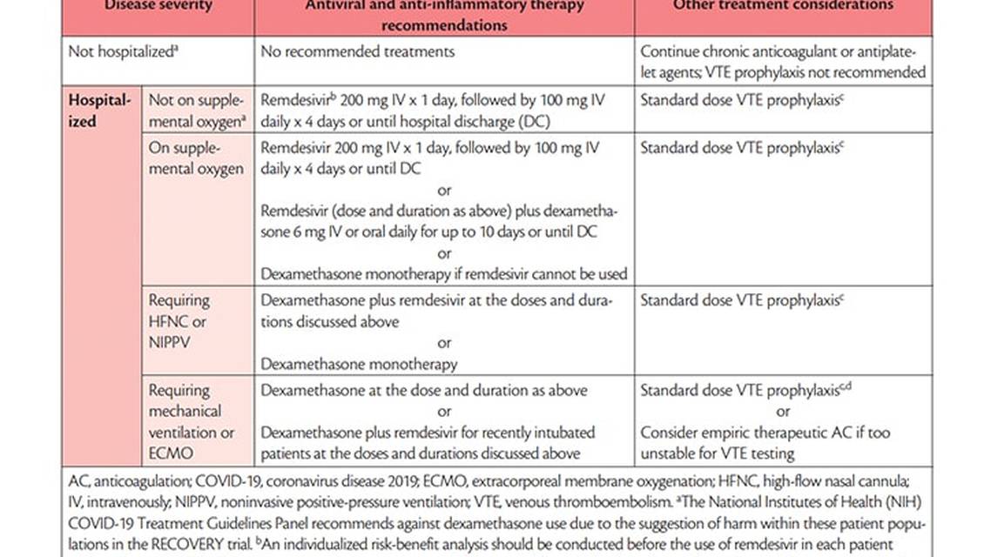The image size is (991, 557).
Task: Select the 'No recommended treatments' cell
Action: tap(357, 51)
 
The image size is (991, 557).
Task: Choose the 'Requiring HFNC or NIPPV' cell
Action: tap(179, 321)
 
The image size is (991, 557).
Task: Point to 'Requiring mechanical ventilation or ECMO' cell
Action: tap(191, 422)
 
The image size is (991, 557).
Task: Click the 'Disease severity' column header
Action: tap(158, 6)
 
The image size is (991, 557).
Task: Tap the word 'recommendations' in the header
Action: tap(444, 25)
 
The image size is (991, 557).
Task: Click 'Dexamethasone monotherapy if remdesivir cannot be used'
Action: tap(444, 274)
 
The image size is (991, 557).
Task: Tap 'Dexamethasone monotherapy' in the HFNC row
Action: tap(359, 364)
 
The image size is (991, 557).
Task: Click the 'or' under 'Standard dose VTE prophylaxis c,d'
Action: tap(783, 412)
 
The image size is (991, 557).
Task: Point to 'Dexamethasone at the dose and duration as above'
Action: tap(424, 390)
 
